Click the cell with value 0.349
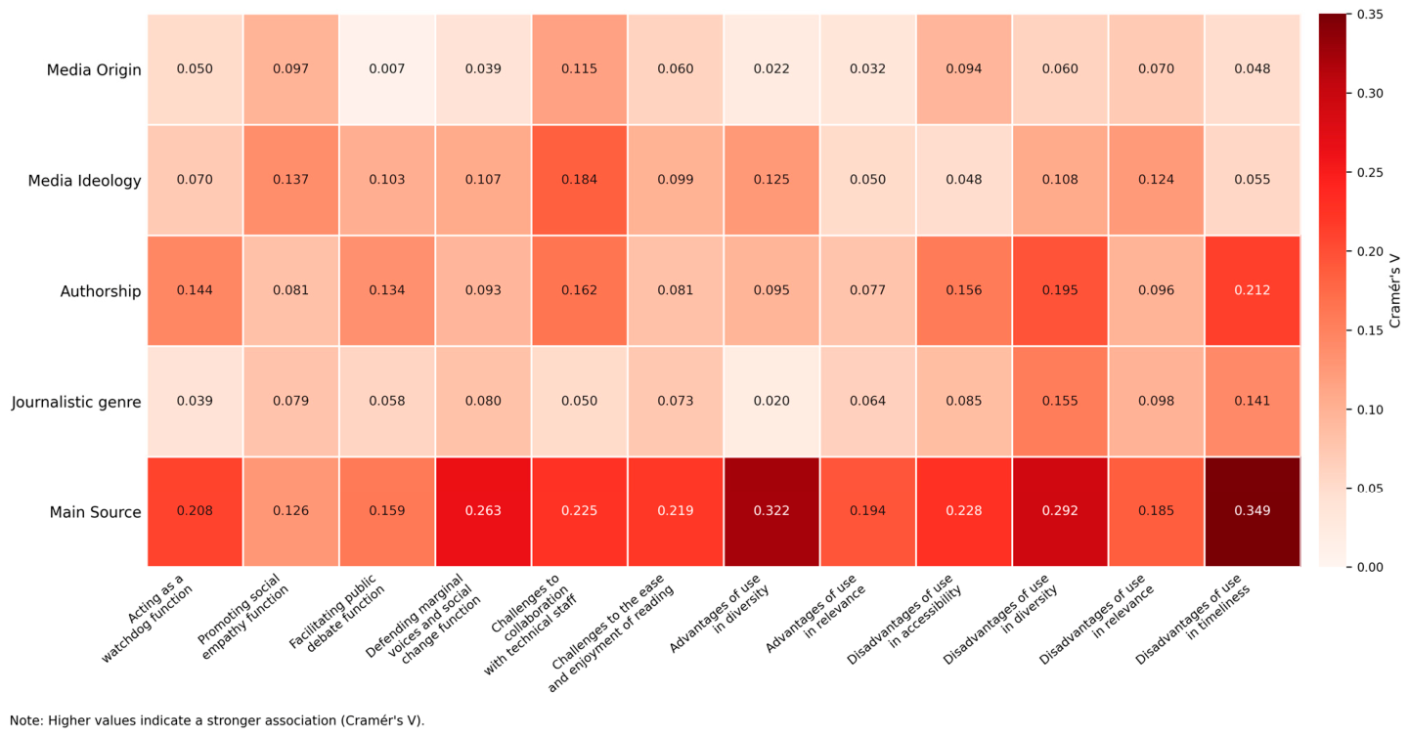coord(1253,511)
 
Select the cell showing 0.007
coord(387,69)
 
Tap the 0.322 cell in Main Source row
coord(771,511)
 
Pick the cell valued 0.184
coord(579,180)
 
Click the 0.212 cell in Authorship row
coord(1253,290)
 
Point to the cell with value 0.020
coord(771,401)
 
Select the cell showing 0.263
coord(483,511)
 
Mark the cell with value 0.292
coord(1060,511)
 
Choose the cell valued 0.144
coord(195,290)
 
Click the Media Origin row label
coord(94,69)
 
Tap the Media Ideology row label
coord(84,181)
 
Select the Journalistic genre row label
coord(76,403)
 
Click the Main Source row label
coord(95,512)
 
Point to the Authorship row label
coord(101,291)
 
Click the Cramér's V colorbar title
coord(1394,290)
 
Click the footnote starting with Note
coord(217,721)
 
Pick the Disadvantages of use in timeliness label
coord(1193,619)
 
